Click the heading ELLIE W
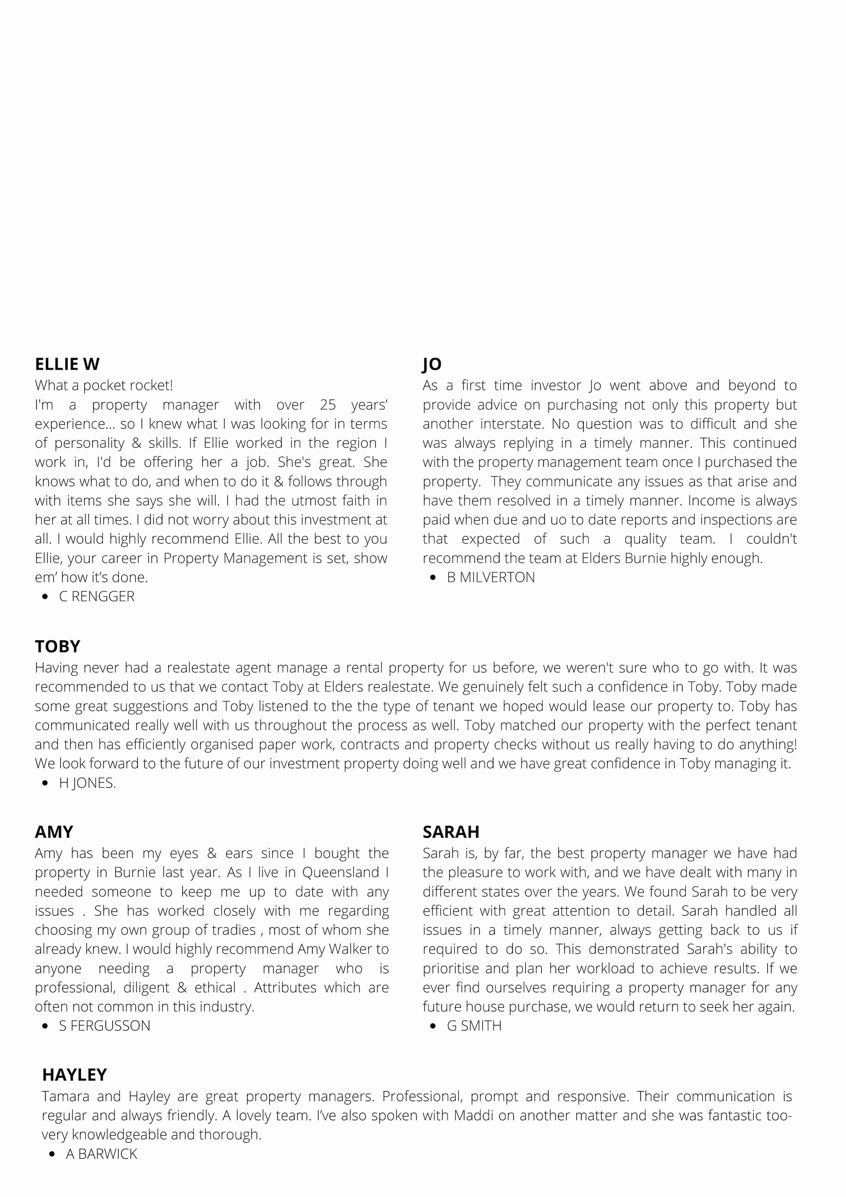pyautogui.click(x=67, y=364)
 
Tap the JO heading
pyautogui.click(x=432, y=364)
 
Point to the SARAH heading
pyautogui.click(x=451, y=832)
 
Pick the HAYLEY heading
pyautogui.click(x=75, y=1075)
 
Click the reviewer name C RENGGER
pyautogui.click(x=97, y=596)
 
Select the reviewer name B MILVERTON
pyautogui.click(x=491, y=577)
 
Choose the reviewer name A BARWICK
pyautogui.click(x=101, y=1154)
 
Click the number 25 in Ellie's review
pyautogui.click(x=328, y=405)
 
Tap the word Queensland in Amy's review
pyautogui.click(x=341, y=872)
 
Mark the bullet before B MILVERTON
pyautogui.click(x=433, y=578)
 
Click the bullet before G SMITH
pyautogui.click(x=433, y=1026)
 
